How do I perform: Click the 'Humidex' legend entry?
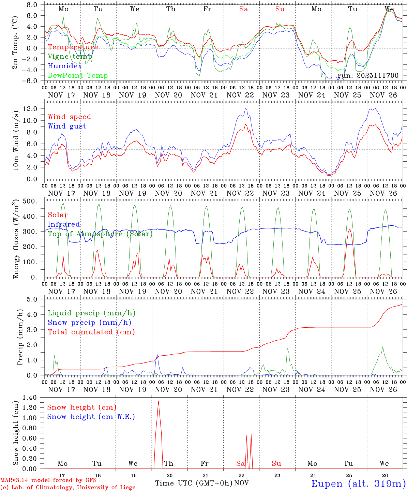point(65,66)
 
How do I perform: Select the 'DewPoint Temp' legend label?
point(78,76)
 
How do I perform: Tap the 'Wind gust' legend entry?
point(67,126)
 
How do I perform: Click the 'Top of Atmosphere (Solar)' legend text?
point(100,234)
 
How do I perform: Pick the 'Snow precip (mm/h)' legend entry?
point(89,323)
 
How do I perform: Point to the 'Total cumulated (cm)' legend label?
point(91,332)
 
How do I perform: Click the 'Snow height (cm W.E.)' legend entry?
point(91,417)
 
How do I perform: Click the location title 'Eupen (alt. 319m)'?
point(358,483)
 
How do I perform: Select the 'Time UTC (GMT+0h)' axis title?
point(194,483)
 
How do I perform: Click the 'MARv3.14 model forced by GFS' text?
point(48,480)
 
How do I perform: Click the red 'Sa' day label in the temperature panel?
point(243,9)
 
